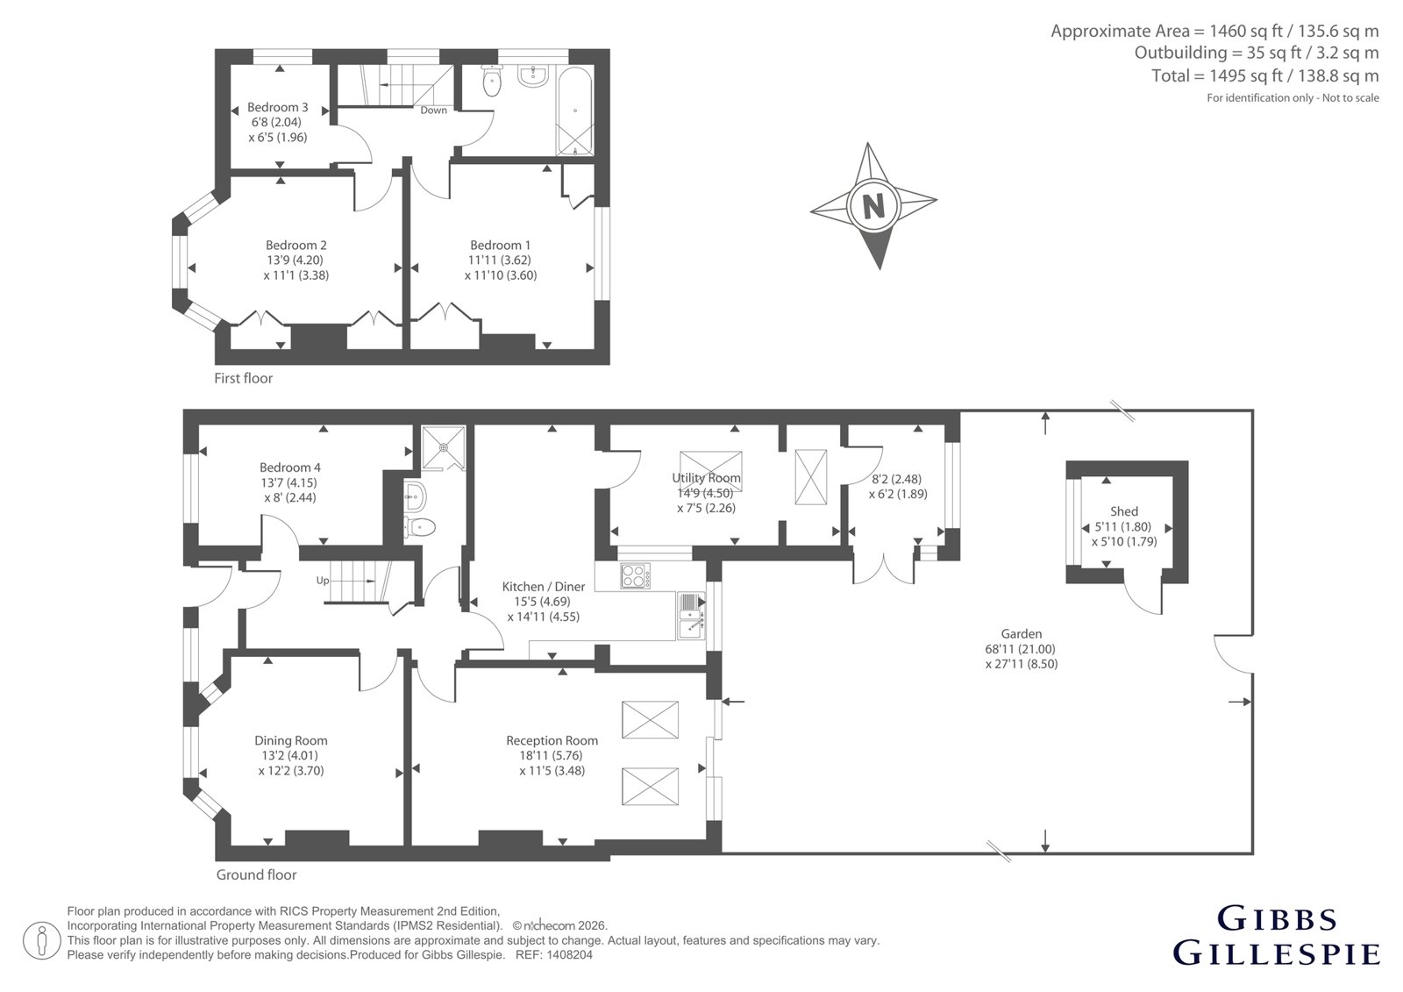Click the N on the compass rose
[x=873, y=205]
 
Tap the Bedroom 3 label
[x=277, y=107]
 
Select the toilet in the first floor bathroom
[x=492, y=81]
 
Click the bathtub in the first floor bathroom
[x=575, y=111]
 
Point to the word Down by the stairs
[x=433, y=111]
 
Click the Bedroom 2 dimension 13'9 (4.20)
[x=295, y=260]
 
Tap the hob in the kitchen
[x=636, y=576]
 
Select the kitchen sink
[x=691, y=616]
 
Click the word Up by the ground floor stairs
[x=323, y=581]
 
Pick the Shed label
[x=1123, y=511]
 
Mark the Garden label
[x=1021, y=633]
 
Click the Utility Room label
[x=706, y=477]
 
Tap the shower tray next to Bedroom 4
[x=444, y=447]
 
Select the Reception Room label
[x=552, y=740]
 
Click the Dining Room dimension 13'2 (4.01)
[x=290, y=756]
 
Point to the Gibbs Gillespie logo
[x=1276, y=936]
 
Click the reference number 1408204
[x=571, y=955]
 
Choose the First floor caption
[x=243, y=379]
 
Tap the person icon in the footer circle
[x=42, y=940]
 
